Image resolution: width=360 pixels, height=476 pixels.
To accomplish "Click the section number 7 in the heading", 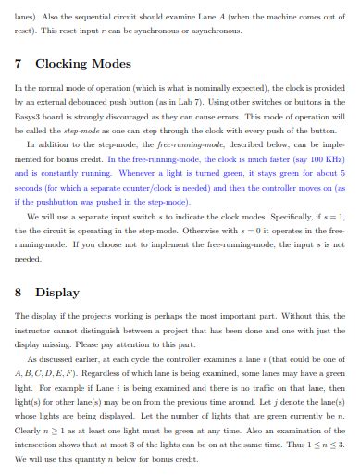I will coord(19,64).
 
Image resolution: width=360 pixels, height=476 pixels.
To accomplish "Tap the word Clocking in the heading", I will coord(60,64).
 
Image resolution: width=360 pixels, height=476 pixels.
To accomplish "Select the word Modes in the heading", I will coord(112,64).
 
